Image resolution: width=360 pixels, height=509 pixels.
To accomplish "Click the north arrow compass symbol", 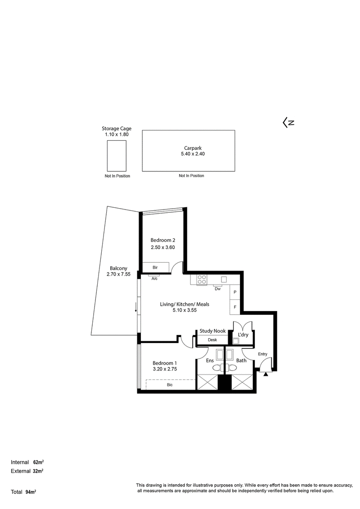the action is click(288, 122).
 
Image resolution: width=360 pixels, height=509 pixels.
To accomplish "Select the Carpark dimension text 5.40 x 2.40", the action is click(193, 154).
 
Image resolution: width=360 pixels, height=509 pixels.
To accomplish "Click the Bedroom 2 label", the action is click(163, 240).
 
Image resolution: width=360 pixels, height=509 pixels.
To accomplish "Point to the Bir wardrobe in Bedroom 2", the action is click(156, 267).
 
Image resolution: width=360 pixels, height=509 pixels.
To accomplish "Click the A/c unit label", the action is click(155, 278).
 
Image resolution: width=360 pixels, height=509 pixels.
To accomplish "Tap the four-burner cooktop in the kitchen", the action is click(202, 280).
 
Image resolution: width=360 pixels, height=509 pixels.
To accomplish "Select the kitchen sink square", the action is click(224, 279).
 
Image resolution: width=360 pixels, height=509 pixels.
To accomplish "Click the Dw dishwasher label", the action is click(218, 289).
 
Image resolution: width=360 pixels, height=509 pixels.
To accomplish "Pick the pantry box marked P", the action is click(235, 292).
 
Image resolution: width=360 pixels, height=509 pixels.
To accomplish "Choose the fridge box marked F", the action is click(235, 307).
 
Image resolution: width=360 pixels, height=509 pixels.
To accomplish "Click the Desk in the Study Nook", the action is click(212, 340).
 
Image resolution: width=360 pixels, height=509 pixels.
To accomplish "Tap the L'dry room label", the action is click(243, 335).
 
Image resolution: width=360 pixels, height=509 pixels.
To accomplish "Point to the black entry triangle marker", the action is click(266, 374).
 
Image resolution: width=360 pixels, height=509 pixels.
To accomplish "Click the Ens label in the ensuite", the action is click(210, 360).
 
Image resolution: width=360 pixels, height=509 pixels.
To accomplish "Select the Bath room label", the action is click(241, 360).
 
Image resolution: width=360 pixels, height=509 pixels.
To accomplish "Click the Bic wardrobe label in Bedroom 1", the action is click(170, 384).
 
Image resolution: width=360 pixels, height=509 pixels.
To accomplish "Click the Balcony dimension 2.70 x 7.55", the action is click(118, 274).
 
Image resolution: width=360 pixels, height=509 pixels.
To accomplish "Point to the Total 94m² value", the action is click(31, 492).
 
